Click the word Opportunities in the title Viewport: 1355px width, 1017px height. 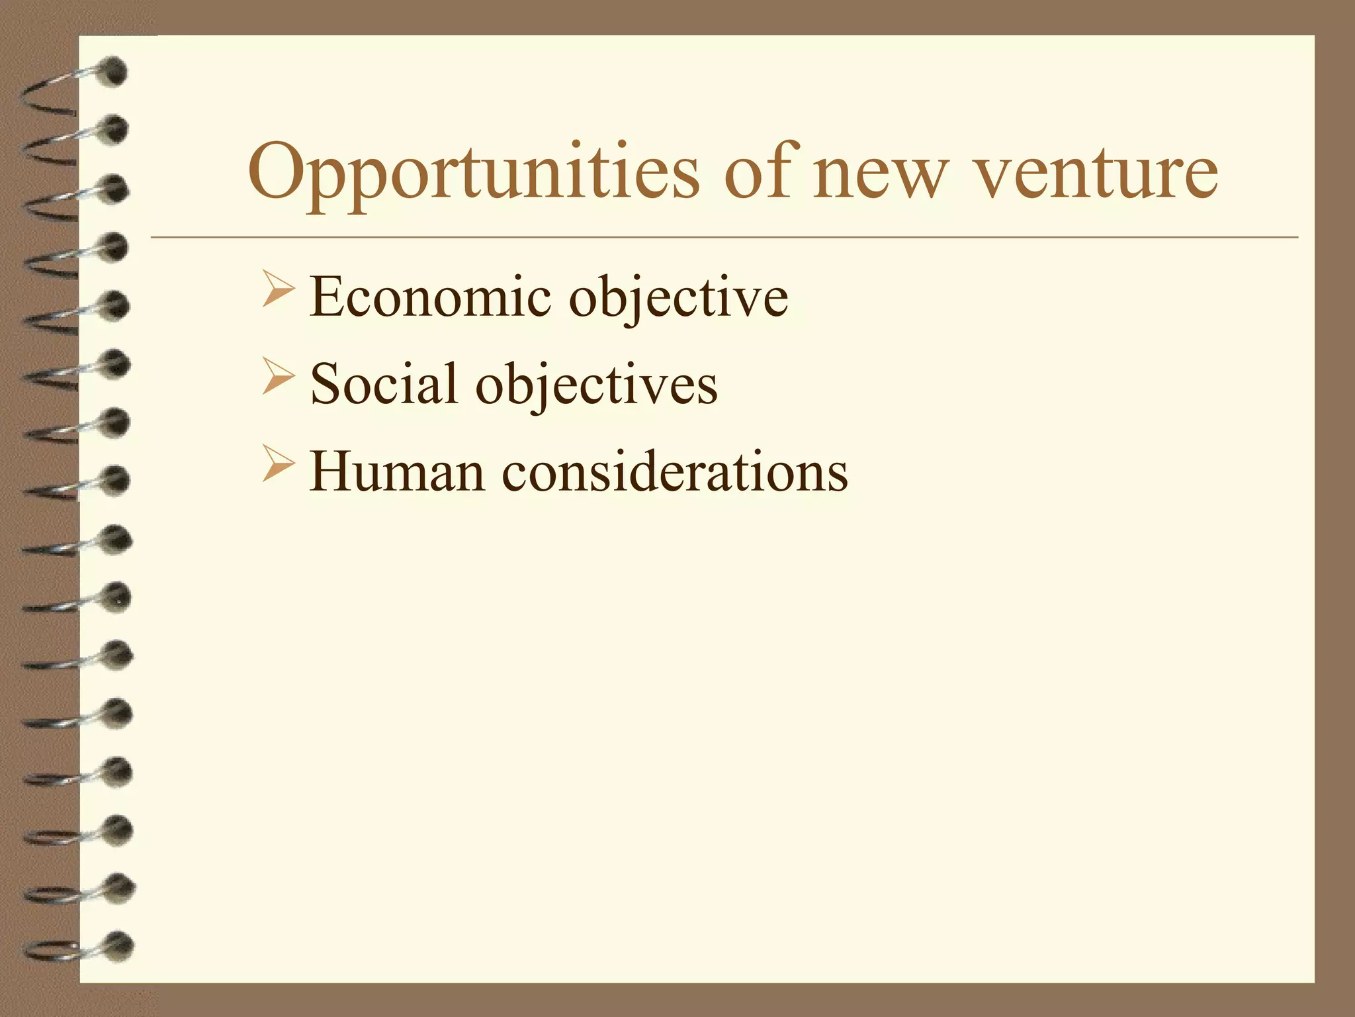(473, 173)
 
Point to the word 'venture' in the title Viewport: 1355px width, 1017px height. (1096, 173)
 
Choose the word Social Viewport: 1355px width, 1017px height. (384, 384)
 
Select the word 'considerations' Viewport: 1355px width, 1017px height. (675, 471)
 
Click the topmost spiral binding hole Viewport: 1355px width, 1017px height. (114, 72)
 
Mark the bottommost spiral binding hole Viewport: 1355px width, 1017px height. (119, 946)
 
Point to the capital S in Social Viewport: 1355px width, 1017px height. (325, 384)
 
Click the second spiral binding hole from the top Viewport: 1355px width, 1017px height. (115, 130)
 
